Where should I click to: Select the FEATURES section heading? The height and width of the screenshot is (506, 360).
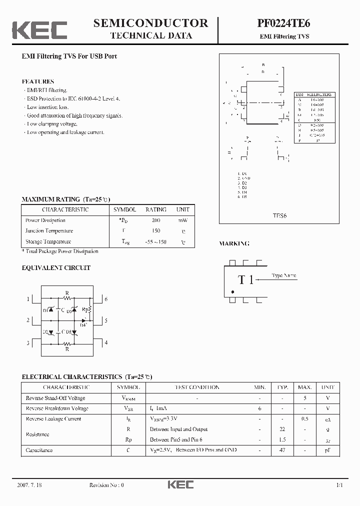pyautogui.click(x=38, y=81)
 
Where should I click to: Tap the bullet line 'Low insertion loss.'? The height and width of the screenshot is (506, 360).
pyautogui.click(x=48, y=107)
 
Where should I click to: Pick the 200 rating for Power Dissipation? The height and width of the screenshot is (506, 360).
pyautogui.click(x=156, y=220)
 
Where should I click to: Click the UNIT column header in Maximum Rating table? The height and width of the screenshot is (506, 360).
pyautogui.click(x=182, y=210)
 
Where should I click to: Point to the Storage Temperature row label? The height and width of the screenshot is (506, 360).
pyautogui.click(x=48, y=241)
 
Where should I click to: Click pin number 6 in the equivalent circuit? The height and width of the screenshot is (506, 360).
pyautogui.click(x=106, y=299)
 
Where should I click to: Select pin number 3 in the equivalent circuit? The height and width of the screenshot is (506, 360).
pyautogui.click(x=28, y=343)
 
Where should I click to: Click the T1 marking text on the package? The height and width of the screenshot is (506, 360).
pyautogui.click(x=245, y=280)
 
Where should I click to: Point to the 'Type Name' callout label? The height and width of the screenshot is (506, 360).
pyautogui.click(x=284, y=275)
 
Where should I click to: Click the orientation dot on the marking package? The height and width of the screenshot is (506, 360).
pyautogui.click(x=232, y=292)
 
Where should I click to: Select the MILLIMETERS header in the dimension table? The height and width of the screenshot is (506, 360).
pyautogui.click(x=319, y=94)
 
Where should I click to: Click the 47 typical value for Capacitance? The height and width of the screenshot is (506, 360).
pyautogui.click(x=282, y=450)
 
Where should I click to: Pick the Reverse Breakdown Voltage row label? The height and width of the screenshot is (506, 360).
pyautogui.click(x=56, y=408)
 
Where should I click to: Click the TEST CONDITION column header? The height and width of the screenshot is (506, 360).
pyautogui.click(x=196, y=387)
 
